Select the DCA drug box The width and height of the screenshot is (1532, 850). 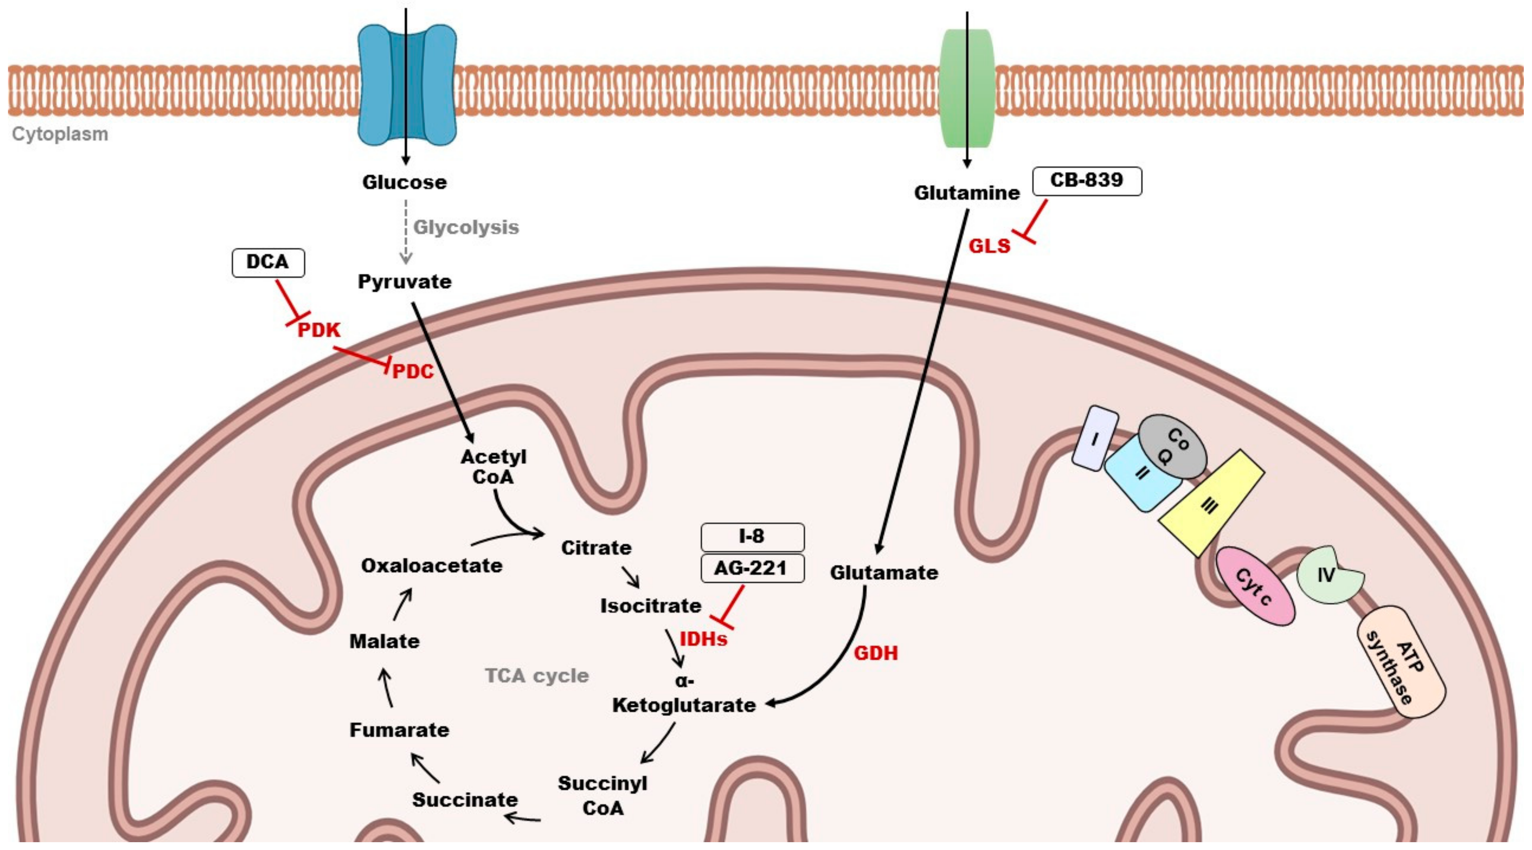click(268, 262)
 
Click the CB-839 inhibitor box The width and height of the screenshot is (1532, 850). click(1087, 181)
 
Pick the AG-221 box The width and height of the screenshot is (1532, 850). click(752, 568)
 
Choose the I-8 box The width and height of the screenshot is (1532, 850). click(752, 537)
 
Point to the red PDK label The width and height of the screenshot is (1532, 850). click(319, 330)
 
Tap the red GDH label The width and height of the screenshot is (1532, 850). click(876, 653)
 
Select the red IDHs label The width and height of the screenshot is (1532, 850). click(703, 639)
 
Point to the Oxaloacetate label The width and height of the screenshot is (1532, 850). click(432, 565)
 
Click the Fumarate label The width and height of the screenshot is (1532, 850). click(399, 729)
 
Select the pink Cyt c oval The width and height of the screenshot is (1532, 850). click(1255, 586)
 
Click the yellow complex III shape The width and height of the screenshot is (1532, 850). click(1211, 504)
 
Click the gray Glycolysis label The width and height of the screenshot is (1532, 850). click(466, 227)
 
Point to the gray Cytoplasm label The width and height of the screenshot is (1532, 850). click(60, 134)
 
